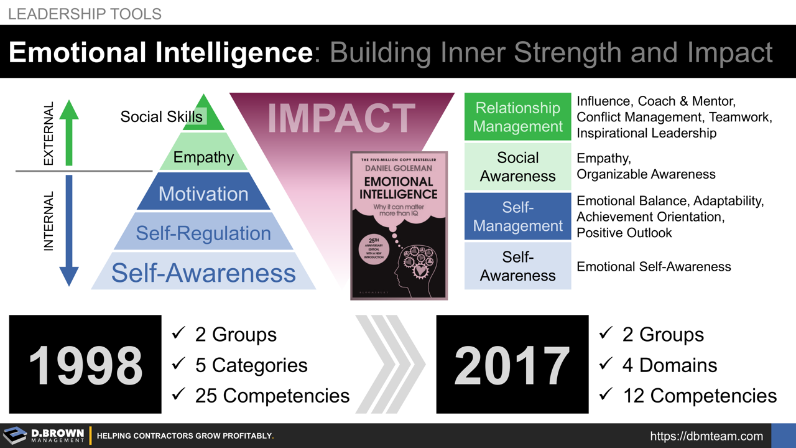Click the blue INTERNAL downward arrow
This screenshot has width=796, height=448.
click(x=68, y=230)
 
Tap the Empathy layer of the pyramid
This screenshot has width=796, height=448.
click(x=203, y=157)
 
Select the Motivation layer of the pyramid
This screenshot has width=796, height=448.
click(x=203, y=194)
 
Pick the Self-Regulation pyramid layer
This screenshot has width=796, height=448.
click(x=203, y=233)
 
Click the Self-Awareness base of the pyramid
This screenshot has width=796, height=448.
click(x=203, y=273)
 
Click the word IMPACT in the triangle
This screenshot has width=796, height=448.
click(x=341, y=118)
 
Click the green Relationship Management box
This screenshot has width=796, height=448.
click(x=517, y=117)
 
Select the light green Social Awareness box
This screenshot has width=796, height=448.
click(x=517, y=167)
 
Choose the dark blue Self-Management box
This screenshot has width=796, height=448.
click(x=517, y=216)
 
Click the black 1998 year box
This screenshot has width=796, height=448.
click(x=85, y=365)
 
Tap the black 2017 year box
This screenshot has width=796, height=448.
click(x=512, y=365)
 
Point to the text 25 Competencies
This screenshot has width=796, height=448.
click(x=272, y=395)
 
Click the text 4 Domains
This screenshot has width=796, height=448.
click(x=669, y=365)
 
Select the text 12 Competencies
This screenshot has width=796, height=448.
click(x=700, y=395)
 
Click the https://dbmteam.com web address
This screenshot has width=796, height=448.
click(x=706, y=436)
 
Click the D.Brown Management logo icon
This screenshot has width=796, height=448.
click(x=15, y=436)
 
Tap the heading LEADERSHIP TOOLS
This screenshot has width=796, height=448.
click(x=85, y=13)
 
